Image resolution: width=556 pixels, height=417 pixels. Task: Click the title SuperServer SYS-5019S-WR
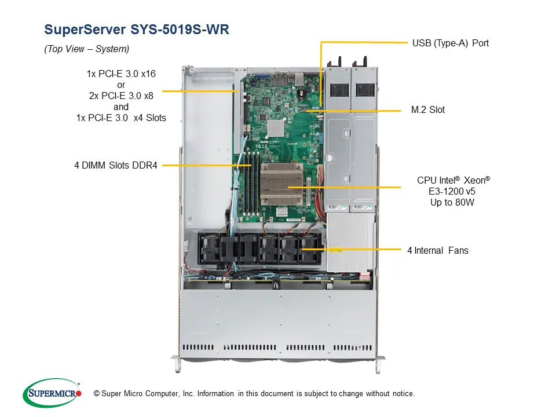[x=136, y=30]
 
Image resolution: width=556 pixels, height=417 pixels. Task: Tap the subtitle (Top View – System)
[x=87, y=49]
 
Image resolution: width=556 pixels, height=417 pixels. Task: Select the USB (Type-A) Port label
[x=450, y=43]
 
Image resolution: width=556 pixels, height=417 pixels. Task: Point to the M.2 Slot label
[x=428, y=109]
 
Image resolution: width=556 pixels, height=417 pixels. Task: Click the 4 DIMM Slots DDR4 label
[x=115, y=165]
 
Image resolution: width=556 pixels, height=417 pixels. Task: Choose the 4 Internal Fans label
[x=438, y=250]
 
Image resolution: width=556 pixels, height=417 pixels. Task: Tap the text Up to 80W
[x=453, y=203]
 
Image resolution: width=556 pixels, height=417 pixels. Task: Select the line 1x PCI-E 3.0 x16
[x=121, y=74]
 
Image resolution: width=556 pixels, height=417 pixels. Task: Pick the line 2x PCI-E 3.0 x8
[x=121, y=96]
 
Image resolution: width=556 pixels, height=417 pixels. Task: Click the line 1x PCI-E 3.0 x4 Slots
[x=121, y=118]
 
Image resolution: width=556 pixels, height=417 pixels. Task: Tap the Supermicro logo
[x=52, y=393]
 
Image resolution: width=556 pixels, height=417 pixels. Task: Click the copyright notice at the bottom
[x=254, y=394]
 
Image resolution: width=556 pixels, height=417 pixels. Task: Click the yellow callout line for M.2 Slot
[x=359, y=109]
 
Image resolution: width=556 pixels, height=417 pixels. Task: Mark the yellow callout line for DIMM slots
[x=203, y=165]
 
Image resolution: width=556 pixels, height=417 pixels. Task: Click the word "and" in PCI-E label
[x=121, y=107]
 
